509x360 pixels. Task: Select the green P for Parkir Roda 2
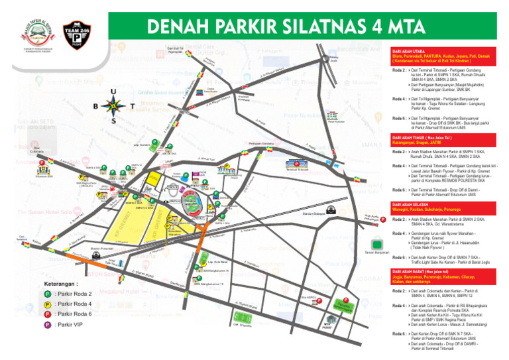coord(48,294)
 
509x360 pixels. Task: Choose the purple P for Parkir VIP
coord(48,325)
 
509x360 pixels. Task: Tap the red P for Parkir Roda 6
coord(48,314)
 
